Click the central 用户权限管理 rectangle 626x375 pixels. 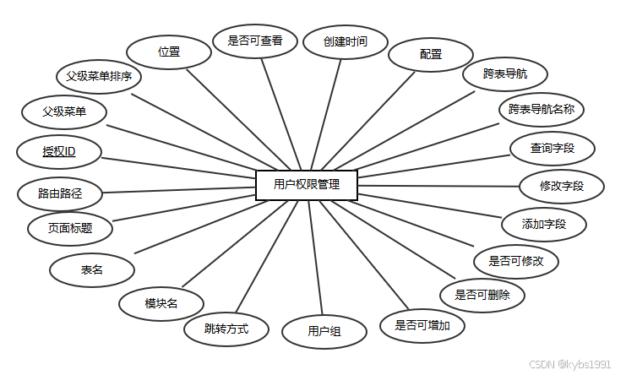[x=307, y=185]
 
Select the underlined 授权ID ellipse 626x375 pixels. [x=59, y=152]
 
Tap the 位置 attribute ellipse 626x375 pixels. [x=169, y=52]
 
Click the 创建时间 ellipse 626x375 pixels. [x=345, y=41]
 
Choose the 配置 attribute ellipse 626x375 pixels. [x=430, y=55]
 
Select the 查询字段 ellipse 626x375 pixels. [x=552, y=149]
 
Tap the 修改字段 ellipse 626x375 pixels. [x=562, y=186]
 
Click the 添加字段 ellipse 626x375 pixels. [x=543, y=224]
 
